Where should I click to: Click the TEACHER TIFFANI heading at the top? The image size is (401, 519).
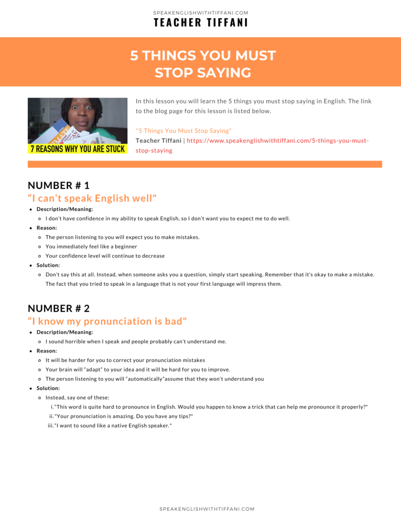[x=201, y=23]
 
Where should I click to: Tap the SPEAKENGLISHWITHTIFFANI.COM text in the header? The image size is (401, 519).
[x=201, y=13]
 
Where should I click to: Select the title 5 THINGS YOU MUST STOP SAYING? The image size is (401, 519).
[x=203, y=64]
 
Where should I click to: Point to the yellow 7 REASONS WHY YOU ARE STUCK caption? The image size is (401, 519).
[x=78, y=150]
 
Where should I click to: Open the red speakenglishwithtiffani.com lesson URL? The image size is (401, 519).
[x=278, y=140]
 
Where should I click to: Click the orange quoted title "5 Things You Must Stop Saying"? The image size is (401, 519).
[x=184, y=131]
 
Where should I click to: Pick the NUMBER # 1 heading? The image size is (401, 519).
[x=58, y=185]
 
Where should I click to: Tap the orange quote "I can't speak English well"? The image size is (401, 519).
[x=92, y=198]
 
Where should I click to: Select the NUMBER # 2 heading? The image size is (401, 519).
[x=59, y=308]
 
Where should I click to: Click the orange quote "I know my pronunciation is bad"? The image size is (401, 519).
[x=107, y=321]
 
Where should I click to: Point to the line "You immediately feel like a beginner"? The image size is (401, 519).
[x=91, y=246]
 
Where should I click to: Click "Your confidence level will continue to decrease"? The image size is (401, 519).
[x=105, y=256]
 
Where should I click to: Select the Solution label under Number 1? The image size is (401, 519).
[x=48, y=265]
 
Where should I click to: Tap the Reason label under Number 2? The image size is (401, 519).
[x=47, y=351]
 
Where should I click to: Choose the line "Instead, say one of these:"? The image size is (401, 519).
[x=77, y=398]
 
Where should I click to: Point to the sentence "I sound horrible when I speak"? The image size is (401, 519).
[x=135, y=342]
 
